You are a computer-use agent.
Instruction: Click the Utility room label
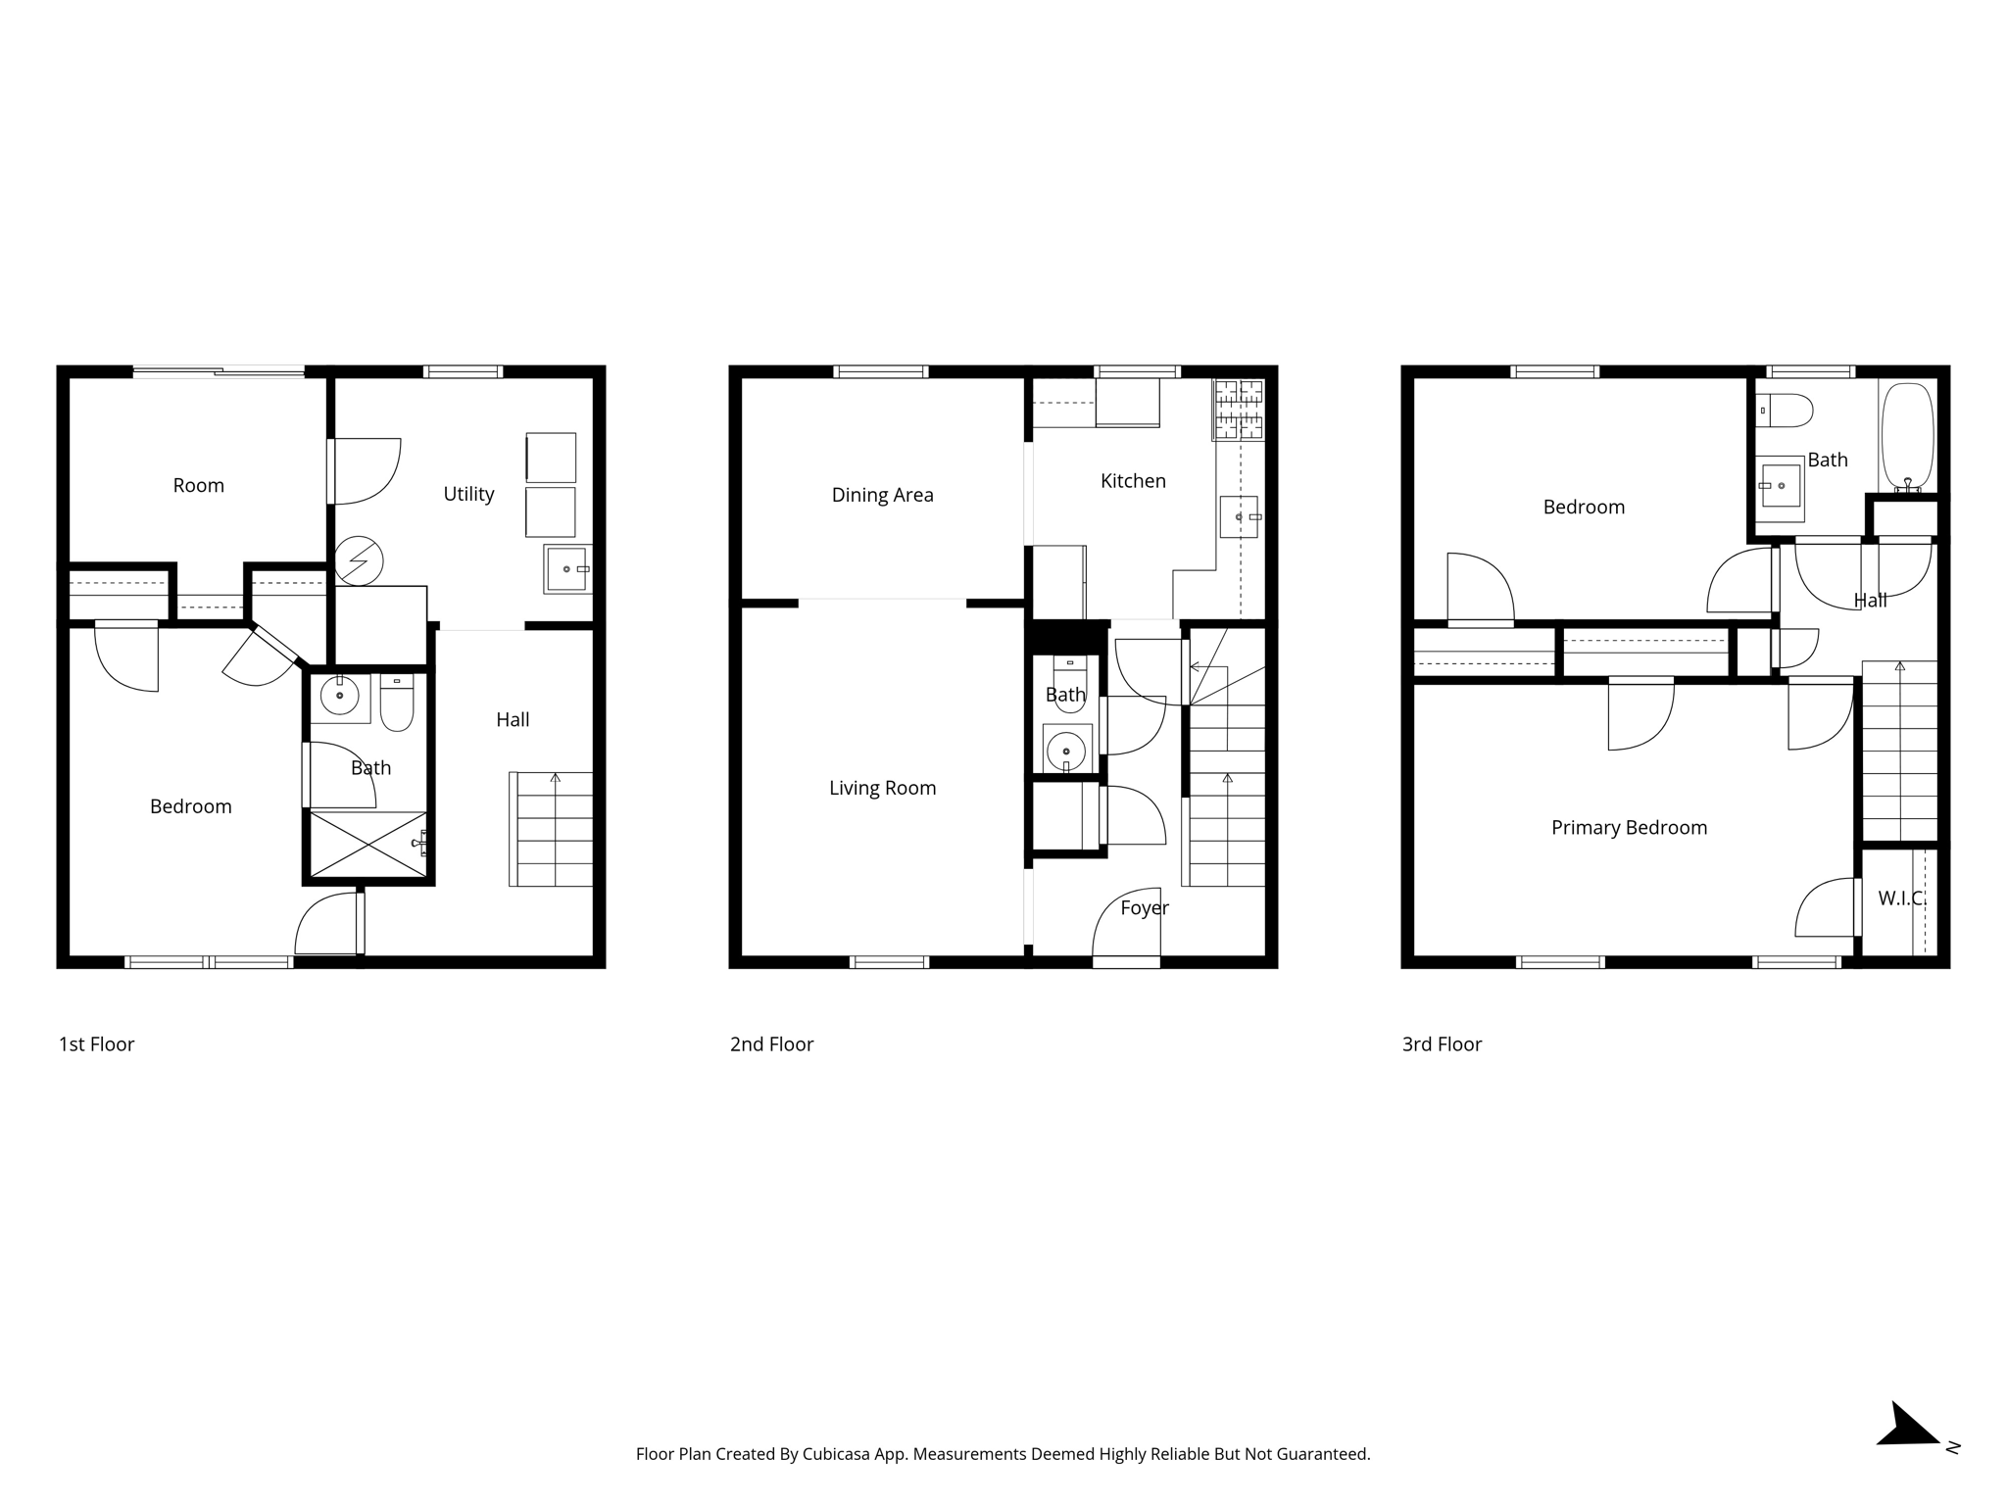(468, 495)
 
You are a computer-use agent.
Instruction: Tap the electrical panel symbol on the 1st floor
(359, 561)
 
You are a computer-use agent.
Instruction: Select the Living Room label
(882, 788)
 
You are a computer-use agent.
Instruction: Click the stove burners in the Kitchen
(1239, 410)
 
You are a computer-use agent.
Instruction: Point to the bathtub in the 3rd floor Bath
(1907, 437)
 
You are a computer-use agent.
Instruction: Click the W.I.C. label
(1901, 898)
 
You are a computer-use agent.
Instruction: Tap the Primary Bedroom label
(1629, 828)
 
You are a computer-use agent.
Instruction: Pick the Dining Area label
(882, 495)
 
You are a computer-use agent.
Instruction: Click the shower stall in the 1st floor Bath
(368, 844)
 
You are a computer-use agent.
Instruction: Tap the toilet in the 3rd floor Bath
(1785, 411)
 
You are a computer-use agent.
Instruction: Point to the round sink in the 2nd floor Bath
(1066, 751)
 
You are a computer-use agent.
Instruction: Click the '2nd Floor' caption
(771, 1044)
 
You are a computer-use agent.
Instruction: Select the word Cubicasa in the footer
(838, 1454)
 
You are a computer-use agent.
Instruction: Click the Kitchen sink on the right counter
(1239, 516)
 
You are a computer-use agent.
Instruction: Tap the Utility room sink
(567, 569)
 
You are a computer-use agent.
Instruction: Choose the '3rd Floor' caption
(1442, 1044)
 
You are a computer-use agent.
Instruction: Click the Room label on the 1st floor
(198, 486)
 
